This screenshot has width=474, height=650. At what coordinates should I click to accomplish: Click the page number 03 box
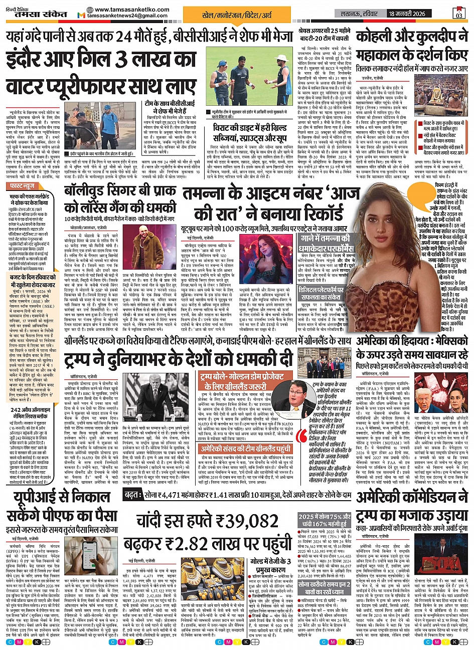click(x=458, y=12)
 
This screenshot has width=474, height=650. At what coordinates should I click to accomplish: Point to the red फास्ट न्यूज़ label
click(x=24, y=185)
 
